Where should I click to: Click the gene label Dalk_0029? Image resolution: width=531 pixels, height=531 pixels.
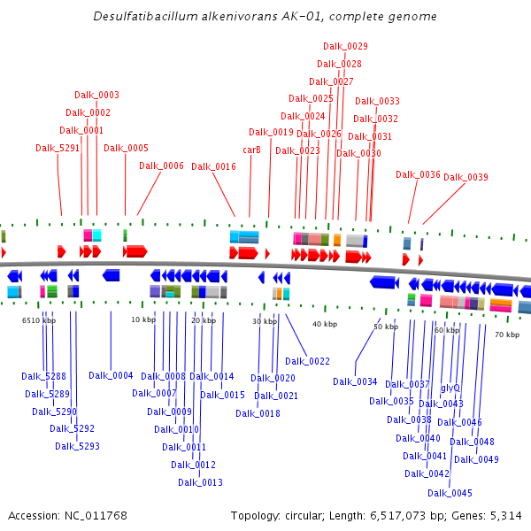click(x=345, y=46)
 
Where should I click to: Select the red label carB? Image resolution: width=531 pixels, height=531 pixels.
click(x=252, y=150)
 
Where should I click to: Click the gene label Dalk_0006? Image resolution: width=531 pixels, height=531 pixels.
click(x=161, y=165)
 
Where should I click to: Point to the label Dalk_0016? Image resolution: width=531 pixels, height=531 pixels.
click(x=213, y=166)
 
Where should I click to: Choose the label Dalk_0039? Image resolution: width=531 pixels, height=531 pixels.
click(x=466, y=177)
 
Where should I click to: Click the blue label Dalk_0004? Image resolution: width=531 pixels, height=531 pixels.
click(x=111, y=375)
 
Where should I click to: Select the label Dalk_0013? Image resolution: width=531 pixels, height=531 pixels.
click(x=200, y=482)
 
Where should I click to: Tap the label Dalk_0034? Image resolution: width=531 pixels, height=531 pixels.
click(x=355, y=381)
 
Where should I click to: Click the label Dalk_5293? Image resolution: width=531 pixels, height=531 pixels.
click(x=77, y=446)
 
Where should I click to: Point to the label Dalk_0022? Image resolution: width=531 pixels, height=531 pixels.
click(x=307, y=361)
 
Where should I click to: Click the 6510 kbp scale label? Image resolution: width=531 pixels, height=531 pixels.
click(x=39, y=320)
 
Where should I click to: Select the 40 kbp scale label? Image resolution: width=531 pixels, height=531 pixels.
click(x=324, y=325)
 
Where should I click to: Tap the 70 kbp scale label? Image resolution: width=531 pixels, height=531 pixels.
click(x=506, y=335)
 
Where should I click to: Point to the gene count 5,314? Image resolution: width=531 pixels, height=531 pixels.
click(x=506, y=515)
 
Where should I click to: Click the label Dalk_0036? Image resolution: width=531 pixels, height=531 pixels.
click(x=418, y=174)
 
